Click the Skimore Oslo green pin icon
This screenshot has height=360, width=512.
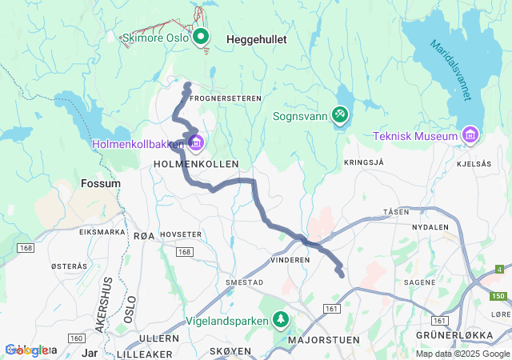tap(199, 37)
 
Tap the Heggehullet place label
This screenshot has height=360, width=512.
tap(256, 38)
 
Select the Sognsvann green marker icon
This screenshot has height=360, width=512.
tap(341, 115)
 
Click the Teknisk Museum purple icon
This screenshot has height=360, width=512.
tap(470, 135)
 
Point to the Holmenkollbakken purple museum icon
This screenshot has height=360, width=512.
tap(196, 143)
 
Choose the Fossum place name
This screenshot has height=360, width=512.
tap(101, 183)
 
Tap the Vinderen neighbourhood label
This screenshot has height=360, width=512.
tap(290, 260)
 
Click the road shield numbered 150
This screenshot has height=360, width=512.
tap(498, 296)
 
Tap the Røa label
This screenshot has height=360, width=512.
tap(144, 235)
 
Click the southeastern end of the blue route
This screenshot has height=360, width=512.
tap(342, 275)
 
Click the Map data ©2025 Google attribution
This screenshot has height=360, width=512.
tap(462, 354)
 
